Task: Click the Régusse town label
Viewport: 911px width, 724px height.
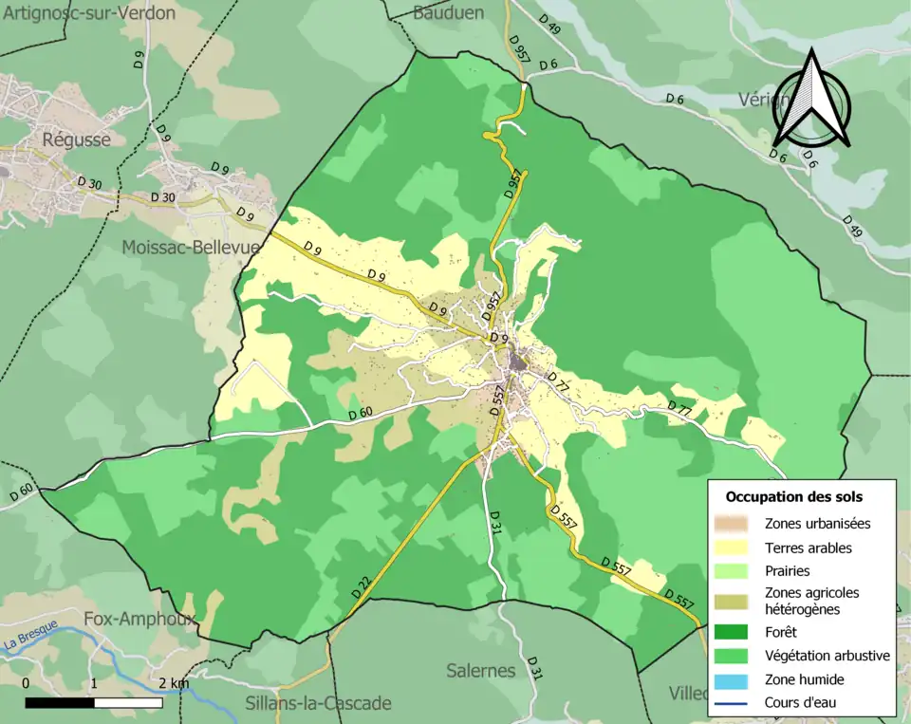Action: (76, 139)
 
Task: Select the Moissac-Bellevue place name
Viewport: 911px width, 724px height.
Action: (191, 248)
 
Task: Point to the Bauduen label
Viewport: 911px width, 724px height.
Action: (448, 12)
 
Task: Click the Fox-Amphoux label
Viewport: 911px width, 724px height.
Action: (139, 619)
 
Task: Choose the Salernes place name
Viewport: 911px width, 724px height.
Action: (481, 671)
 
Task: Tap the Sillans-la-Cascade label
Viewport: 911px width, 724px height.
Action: (318, 703)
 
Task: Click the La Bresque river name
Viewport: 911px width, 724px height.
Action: (30, 632)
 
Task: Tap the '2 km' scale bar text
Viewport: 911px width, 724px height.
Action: (174, 683)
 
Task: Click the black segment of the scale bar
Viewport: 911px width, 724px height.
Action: (59, 703)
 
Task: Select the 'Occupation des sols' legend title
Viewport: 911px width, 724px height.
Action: (793, 496)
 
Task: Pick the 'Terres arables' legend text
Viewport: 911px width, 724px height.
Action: (808, 548)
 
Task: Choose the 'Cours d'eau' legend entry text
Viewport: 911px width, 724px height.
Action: (801, 703)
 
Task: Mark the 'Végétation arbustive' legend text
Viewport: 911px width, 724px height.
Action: (827, 656)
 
